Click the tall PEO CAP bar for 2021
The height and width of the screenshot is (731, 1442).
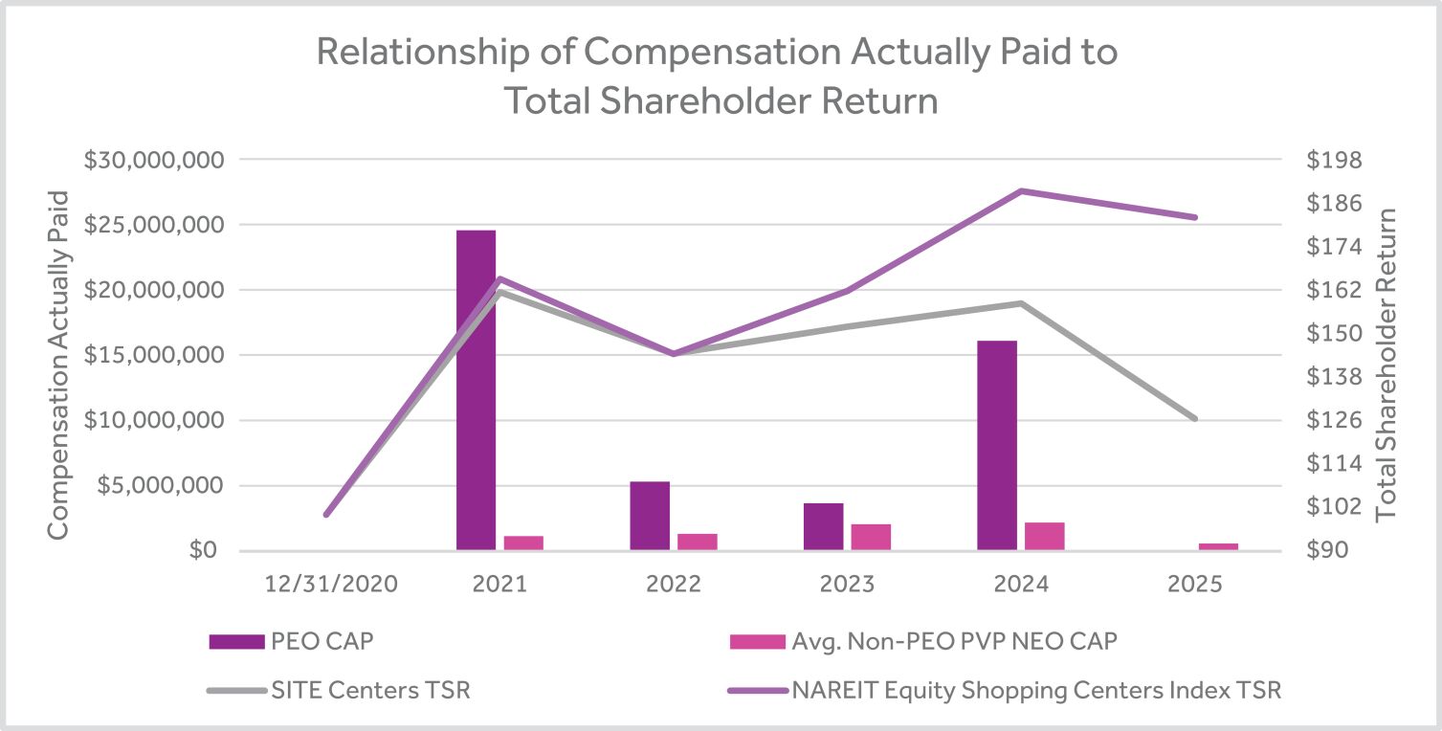point(476,389)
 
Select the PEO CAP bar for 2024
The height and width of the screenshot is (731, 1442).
point(996,445)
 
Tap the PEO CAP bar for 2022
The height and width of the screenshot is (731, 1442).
point(650,516)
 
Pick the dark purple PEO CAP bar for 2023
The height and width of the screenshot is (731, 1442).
point(823,526)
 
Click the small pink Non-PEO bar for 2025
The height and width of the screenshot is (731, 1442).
point(1218,546)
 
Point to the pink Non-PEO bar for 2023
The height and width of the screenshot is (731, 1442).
point(871,537)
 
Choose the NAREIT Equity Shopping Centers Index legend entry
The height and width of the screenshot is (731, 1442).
point(1004,690)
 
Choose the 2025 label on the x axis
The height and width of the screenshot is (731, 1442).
point(1195,584)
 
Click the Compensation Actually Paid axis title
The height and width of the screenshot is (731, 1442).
point(58,364)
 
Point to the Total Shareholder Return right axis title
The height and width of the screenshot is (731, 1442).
point(1386,364)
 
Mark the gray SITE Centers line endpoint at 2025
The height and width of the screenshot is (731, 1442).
point(1195,419)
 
